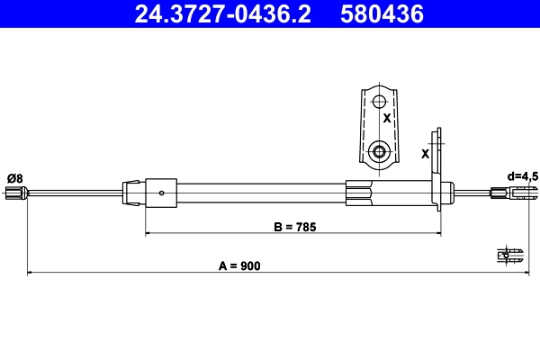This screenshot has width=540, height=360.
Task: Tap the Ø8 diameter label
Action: (14, 177)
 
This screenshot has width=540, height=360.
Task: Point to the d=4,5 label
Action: (522, 176)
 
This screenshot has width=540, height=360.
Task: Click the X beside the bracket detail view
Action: (386, 118)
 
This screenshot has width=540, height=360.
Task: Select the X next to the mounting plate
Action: (425, 154)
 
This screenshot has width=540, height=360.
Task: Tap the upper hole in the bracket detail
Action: (379, 101)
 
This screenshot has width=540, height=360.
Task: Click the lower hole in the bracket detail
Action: (379, 151)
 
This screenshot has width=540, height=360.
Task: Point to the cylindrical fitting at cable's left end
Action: (15, 192)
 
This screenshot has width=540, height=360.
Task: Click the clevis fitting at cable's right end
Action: (505, 192)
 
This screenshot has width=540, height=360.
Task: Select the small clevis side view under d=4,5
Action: (509, 256)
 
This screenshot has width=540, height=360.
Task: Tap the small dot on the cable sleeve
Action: (161, 192)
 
